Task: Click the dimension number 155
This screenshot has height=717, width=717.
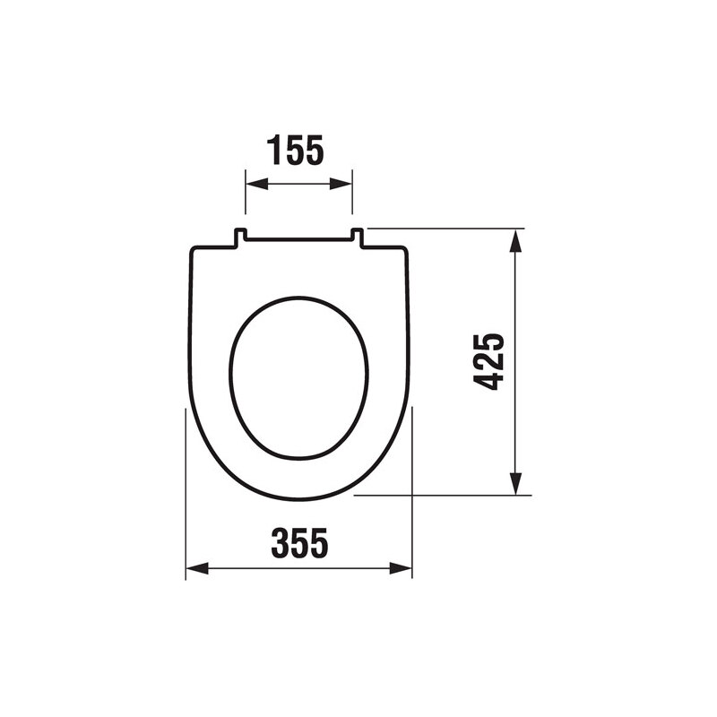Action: (x=295, y=151)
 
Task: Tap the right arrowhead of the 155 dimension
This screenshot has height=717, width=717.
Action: (x=343, y=184)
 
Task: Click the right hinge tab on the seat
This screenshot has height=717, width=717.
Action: (x=357, y=237)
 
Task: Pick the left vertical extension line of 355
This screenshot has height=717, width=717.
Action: (x=186, y=493)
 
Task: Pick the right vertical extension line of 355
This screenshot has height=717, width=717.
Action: (x=412, y=493)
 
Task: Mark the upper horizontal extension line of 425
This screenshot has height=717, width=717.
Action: (x=448, y=228)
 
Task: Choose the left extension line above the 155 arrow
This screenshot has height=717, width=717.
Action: (x=246, y=193)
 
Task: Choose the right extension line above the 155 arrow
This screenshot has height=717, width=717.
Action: (x=353, y=193)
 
